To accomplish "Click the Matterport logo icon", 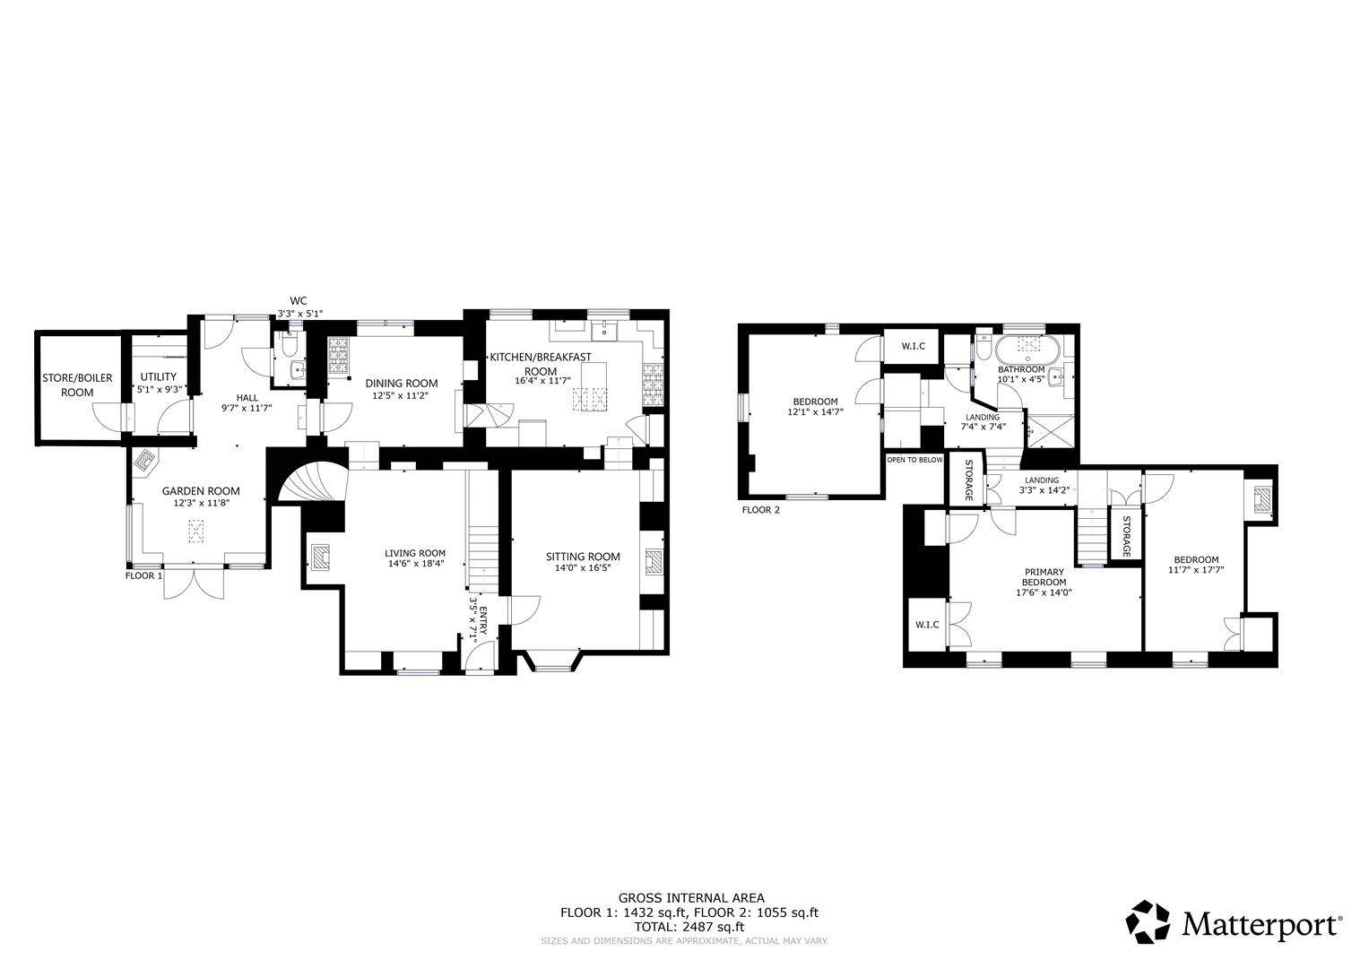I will pyautogui.click(x=1148, y=922).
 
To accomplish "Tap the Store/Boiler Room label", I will pyautogui.click(x=77, y=385).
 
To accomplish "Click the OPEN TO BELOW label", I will pyautogui.click(x=915, y=460).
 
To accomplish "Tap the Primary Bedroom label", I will pyautogui.click(x=1045, y=577).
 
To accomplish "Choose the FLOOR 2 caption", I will pyautogui.click(x=761, y=510).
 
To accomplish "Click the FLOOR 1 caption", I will pyautogui.click(x=143, y=575).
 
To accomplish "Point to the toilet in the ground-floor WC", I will pyautogui.click(x=289, y=344).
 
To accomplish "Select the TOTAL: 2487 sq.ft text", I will pyautogui.click(x=689, y=927).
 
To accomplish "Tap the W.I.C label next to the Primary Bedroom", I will pyautogui.click(x=926, y=625).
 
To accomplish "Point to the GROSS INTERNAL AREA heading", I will pyautogui.click(x=691, y=898).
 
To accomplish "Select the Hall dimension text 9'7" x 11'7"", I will pyautogui.click(x=247, y=408).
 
